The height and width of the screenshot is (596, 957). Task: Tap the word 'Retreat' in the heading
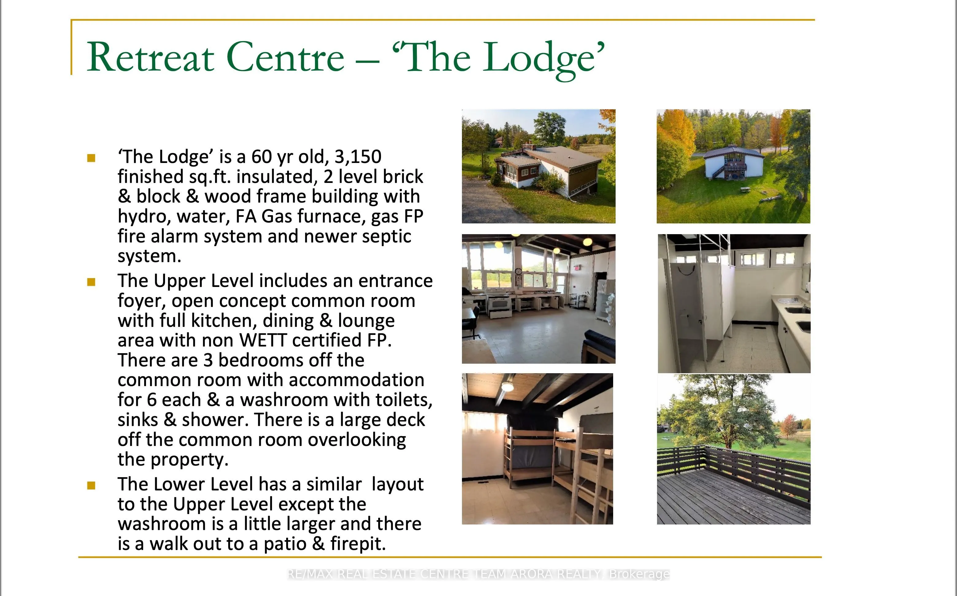[x=151, y=57]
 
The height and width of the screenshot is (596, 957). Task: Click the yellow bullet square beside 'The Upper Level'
[x=91, y=282]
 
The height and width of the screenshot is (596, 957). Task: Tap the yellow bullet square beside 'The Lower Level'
[x=91, y=485]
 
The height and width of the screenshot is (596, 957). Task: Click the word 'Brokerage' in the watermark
[x=639, y=574]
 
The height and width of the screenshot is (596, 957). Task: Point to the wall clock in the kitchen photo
[x=518, y=271]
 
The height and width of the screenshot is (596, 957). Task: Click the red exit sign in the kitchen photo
[x=577, y=268]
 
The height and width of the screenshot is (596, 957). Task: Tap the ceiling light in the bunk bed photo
[x=507, y=387]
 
